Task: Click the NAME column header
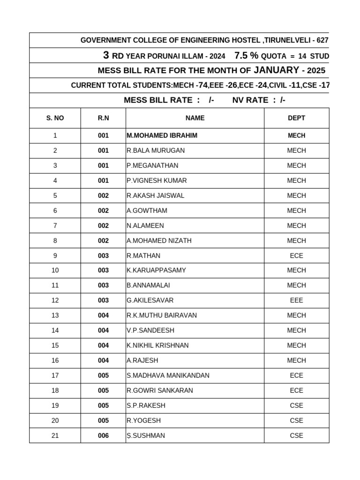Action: tap(195, 118)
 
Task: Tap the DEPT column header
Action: tap(296, 118)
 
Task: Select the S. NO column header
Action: tap(55, 118)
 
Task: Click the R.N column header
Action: tap(103, 118)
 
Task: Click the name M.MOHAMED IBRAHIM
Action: tap(162, 135)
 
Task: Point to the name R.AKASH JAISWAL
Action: tap(155, 195)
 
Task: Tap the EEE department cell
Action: tap(296, 300)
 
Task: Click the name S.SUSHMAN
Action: tap(146, 435)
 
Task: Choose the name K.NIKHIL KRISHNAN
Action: tap(157, 345)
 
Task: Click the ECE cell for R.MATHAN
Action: tap(296, 255)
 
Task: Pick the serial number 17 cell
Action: tap(55, 375)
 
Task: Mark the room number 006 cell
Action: tap(103, 435)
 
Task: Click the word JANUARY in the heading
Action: tap(276, 70)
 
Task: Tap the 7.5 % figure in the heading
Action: tap(246, 56)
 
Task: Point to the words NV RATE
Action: tap(250, 100)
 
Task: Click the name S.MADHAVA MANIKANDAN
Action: tap(168, 375)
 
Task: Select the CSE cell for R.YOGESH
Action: tap(296, 420)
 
